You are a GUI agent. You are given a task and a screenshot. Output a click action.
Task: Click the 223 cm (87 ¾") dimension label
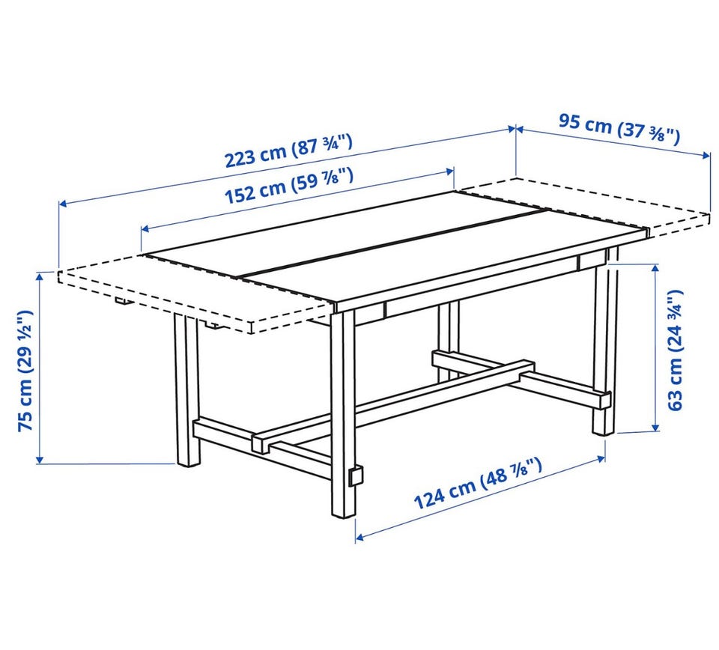288,151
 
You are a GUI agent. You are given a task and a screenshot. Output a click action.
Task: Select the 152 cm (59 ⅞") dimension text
289,186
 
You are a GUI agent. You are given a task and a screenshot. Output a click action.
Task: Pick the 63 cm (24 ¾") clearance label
675,350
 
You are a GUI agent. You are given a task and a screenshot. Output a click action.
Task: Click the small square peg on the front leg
356,476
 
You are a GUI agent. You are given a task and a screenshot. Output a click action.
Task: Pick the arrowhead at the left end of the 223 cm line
63,202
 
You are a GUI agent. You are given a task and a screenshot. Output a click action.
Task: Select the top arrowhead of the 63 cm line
656,269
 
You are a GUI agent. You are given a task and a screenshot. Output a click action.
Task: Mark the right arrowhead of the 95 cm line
706,157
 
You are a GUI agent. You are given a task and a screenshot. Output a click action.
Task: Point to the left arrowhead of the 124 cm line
360,537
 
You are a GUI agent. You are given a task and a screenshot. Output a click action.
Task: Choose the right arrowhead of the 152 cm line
449,172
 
